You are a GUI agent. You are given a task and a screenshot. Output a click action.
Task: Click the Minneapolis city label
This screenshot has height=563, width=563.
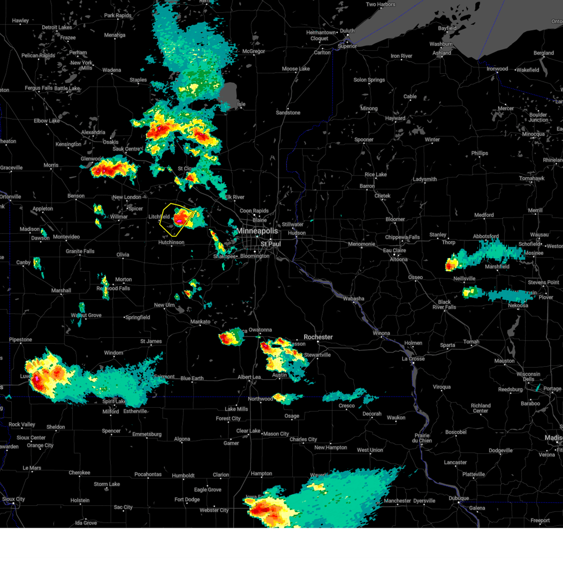tap(258, 231)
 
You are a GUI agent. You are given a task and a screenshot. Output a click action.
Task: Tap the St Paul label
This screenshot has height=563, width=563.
tap(271, 244)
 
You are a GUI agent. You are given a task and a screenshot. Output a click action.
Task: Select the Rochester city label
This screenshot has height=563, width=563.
tap(318, 337)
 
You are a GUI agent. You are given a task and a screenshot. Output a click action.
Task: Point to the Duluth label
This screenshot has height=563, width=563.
tap(347, 31)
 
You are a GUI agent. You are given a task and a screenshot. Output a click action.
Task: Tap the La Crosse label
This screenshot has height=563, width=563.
tap(413, 359)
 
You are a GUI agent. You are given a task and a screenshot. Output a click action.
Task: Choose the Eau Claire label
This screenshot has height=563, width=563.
tap(394, 251)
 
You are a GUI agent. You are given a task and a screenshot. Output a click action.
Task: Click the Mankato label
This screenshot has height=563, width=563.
tap(200, 322)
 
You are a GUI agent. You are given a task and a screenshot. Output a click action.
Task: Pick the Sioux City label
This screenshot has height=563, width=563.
tap(14, 499)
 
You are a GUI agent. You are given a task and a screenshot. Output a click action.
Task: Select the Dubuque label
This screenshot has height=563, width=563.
tap(458, 498)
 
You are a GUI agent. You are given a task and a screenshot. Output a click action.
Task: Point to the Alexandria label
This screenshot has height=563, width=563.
tap(93, 132)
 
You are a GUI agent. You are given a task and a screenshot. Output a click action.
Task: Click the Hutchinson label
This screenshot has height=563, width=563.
tap(171, 243)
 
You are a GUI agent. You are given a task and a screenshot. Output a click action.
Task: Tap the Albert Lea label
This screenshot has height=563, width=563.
tap(249, 377)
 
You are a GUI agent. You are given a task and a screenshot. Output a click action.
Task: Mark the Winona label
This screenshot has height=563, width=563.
tap(381, 334)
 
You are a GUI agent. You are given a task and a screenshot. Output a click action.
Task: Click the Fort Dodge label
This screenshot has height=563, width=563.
tap(187, 500)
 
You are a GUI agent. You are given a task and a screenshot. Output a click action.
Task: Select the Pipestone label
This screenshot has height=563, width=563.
tap(21, 340)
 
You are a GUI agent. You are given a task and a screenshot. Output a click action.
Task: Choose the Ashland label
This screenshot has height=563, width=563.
tap(442, 53)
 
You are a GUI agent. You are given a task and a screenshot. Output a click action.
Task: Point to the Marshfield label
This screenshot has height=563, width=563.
tap(497, 266)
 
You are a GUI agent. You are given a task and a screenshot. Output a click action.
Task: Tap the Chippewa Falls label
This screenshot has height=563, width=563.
tap(403, 237)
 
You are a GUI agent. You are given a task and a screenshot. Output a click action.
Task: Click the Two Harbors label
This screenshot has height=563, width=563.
tap(380, 5)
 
